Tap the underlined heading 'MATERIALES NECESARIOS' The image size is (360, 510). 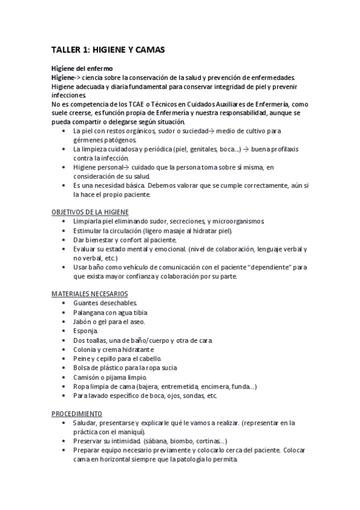(x=90, y=293)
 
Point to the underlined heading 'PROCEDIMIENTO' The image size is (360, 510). (x=76, y=414)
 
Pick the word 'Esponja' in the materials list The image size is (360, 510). (x=85, y=331)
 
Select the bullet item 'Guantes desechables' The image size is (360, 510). (x=105, y=303)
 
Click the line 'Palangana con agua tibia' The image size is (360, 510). (x=110, y=312)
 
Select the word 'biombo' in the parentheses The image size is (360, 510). (x=182, y=441)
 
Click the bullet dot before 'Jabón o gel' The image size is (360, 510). (x=64, y=322)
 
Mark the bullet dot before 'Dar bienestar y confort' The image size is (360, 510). (x=64, y=240)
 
